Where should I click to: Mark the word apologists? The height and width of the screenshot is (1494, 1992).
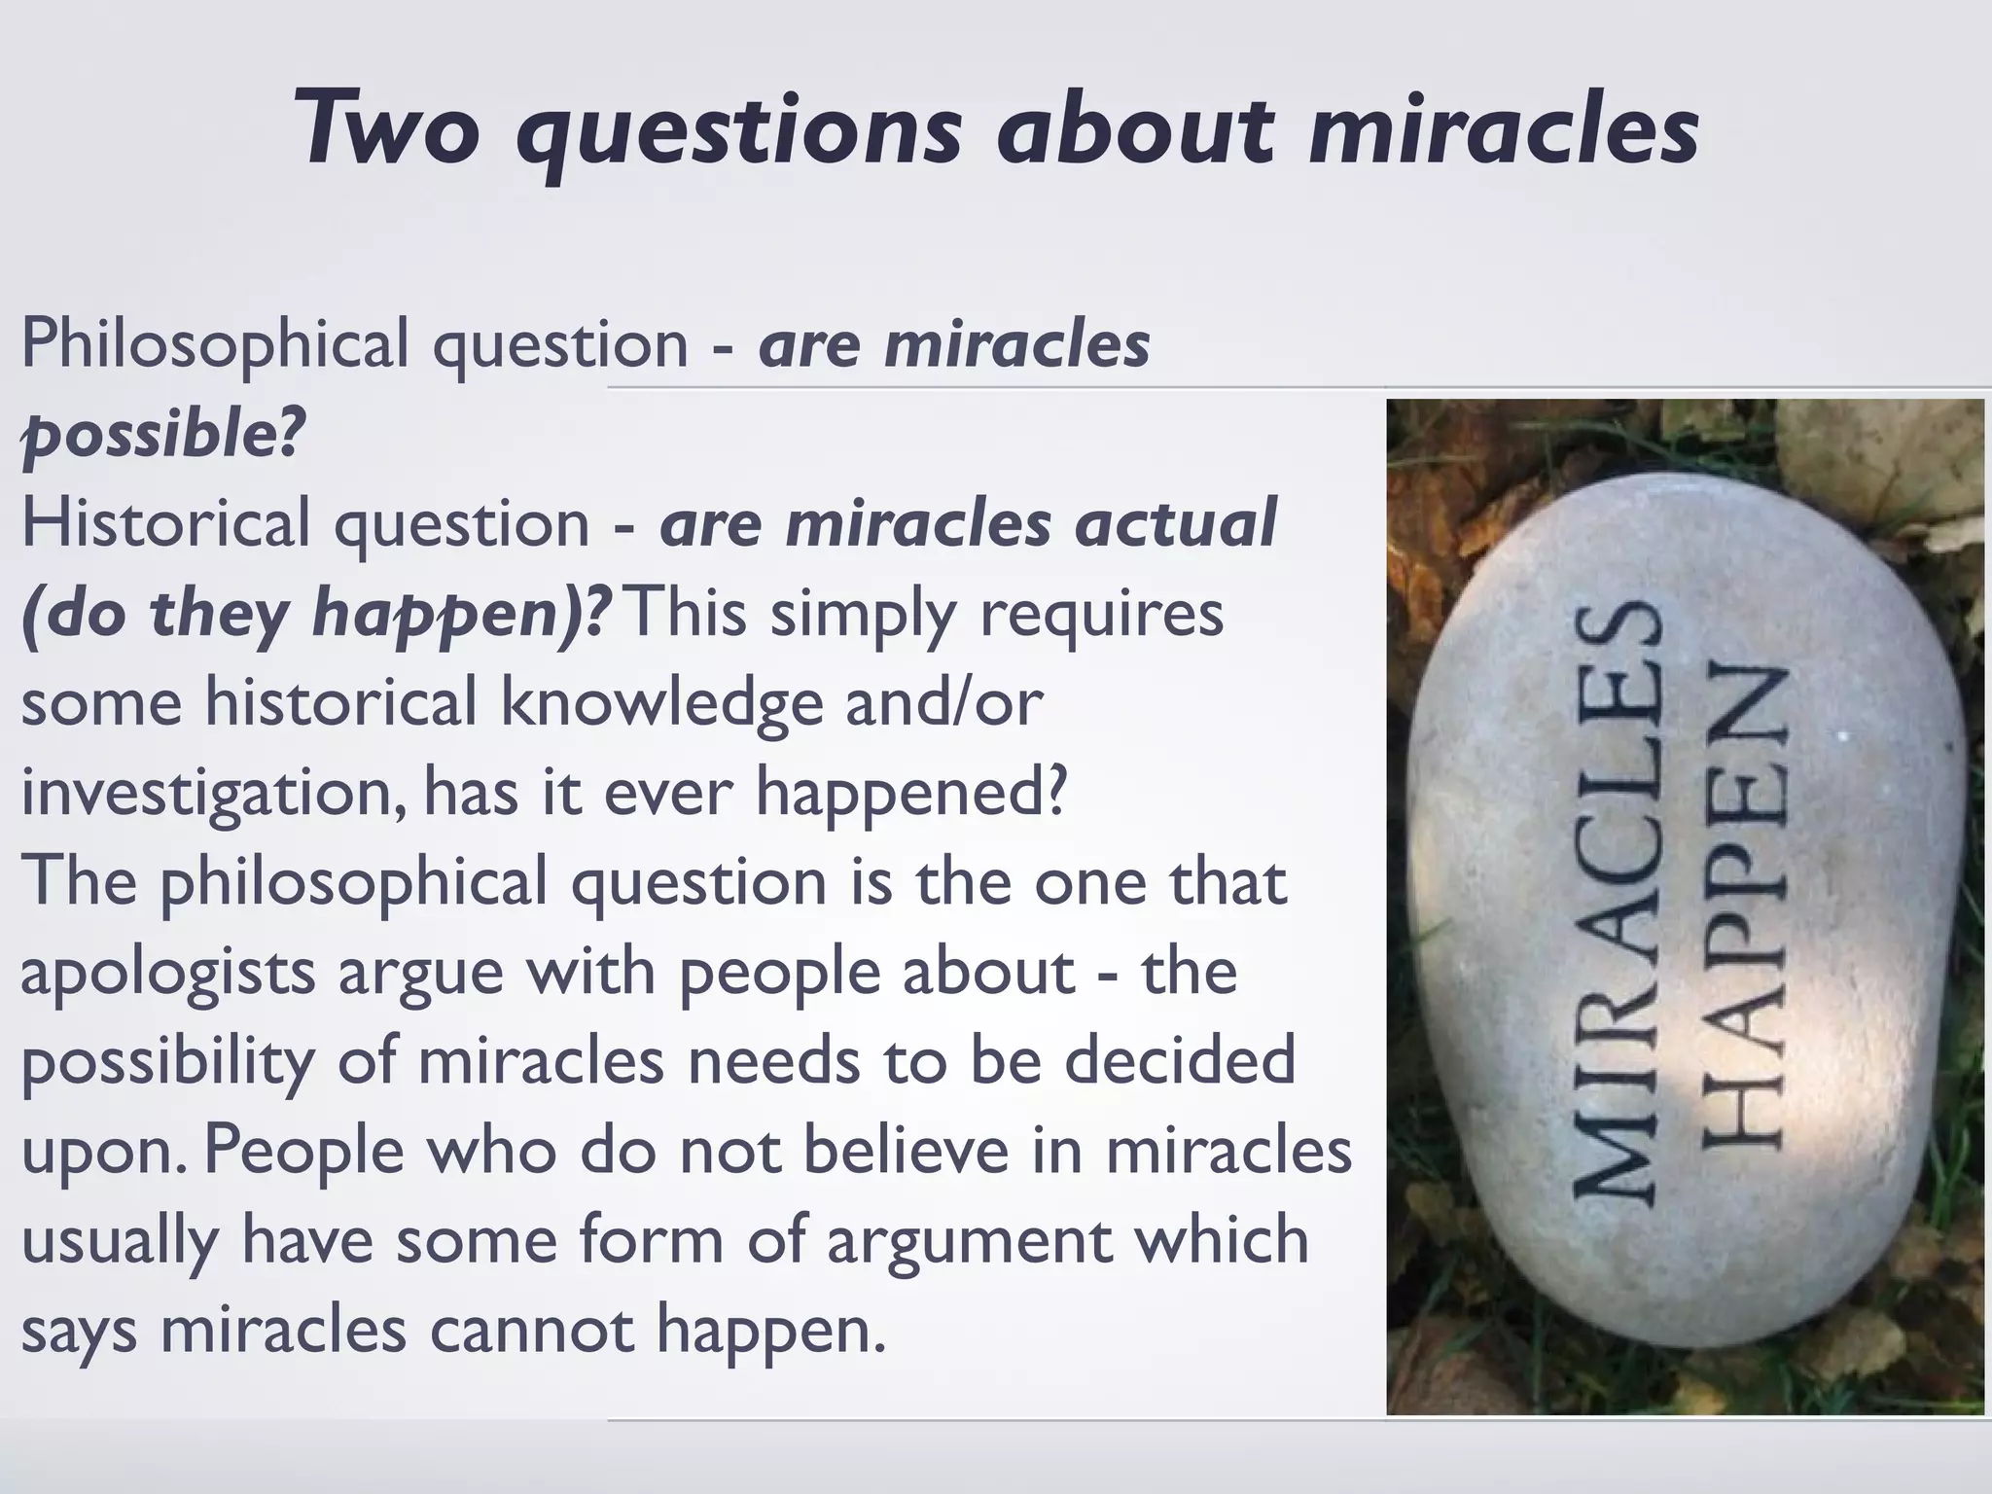(x=167, y=973)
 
